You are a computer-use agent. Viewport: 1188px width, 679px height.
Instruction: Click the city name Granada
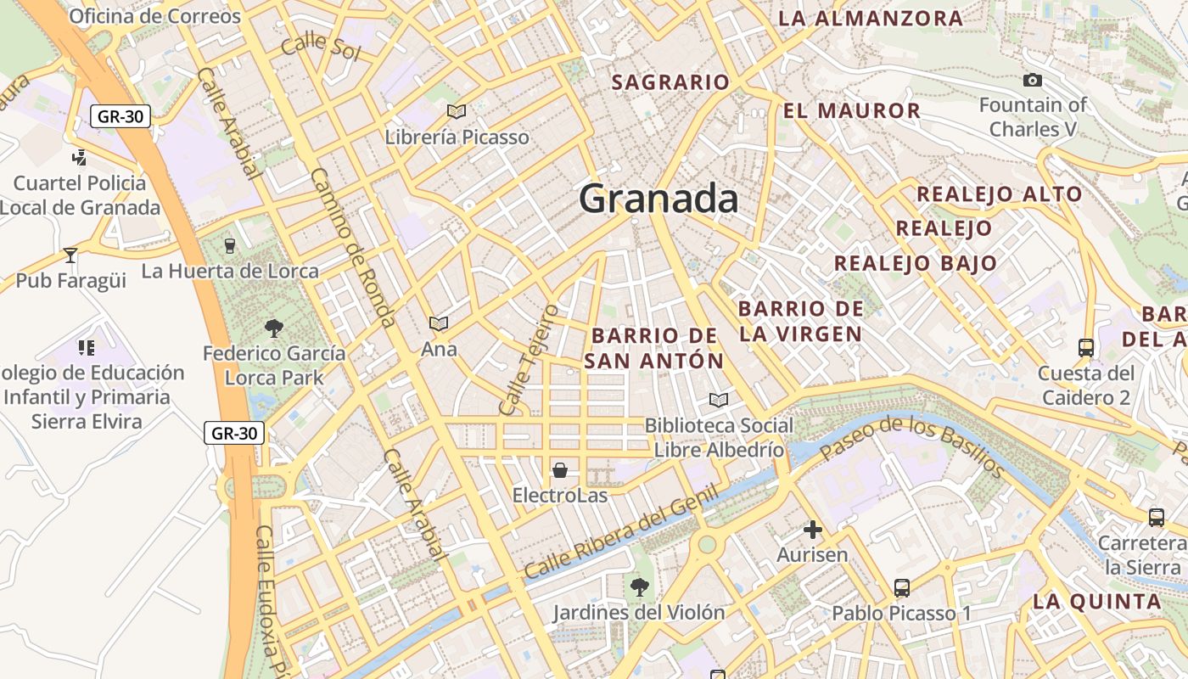[658, 199]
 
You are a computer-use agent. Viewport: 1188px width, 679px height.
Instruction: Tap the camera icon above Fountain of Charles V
[1032, 81]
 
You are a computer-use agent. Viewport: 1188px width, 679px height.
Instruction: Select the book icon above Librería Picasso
[457, 111]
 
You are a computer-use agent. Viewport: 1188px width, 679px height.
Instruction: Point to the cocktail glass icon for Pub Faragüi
[70, 255]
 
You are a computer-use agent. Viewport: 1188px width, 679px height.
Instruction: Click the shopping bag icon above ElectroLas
[560, 469]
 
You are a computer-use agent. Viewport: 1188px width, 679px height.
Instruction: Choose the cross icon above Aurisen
[813, 530]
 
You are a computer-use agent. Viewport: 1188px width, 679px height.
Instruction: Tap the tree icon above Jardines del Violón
[639, 586]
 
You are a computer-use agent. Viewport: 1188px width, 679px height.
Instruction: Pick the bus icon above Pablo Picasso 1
[901, 587]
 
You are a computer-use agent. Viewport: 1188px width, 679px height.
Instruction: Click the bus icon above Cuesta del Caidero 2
[1085, 347]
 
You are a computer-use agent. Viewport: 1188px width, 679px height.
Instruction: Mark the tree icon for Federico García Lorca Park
[273, 328]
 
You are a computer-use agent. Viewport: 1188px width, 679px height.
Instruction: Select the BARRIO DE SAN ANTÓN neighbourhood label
[654, 348]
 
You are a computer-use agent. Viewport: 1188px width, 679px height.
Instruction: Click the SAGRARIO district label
[670, 82]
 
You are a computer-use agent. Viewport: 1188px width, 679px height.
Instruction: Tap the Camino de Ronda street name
[353, 247]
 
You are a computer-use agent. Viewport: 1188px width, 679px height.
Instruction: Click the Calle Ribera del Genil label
[621, 532]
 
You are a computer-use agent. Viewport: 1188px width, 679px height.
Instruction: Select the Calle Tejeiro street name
[529, 359]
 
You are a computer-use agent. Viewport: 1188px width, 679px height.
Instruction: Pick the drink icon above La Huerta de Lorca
[229, 246]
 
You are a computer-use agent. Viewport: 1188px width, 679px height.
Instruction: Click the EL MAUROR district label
[851, 110]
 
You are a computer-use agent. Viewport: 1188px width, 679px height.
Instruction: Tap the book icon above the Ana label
[438, 323]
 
